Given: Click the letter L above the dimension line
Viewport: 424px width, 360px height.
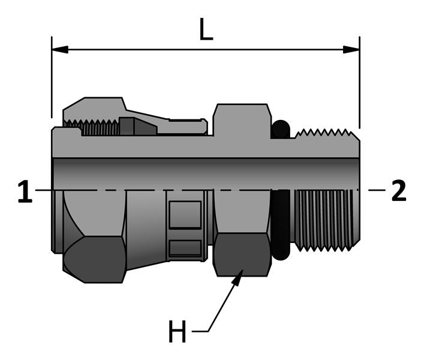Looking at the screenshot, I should click(x=206, y=29).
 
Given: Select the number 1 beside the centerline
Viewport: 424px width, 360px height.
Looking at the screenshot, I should click(x=24, y=192).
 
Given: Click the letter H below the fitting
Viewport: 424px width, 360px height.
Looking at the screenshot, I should click(x=177, y=332).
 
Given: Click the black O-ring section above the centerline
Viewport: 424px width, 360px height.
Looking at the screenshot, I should click(x=280, y=130).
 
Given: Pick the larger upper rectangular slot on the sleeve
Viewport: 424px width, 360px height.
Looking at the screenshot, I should click(x=185, y=215).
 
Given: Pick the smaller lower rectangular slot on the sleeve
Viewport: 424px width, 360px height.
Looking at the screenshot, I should click(x=185, y=248).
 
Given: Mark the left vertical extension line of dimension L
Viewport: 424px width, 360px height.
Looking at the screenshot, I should click(x=52, y=78).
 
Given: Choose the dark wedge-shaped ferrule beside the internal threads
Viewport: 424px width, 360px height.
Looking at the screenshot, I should click(x=137, y=127).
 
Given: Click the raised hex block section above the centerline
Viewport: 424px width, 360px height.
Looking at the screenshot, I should click(x=240, y=120).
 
